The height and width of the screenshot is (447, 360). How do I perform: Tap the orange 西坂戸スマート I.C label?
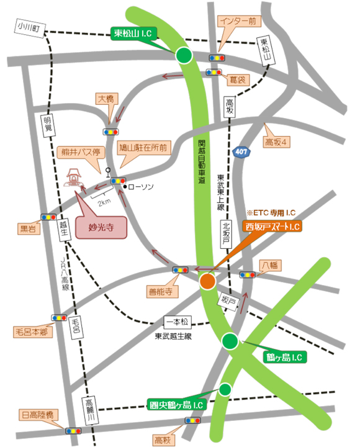click(272, 227)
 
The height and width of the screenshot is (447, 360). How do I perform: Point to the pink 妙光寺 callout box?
click(101, 227)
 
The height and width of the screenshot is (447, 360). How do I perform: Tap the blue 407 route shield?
click(241, 151)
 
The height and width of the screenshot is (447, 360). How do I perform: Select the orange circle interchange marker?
click(208, 282)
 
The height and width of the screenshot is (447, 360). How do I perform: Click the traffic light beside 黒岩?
click(48, 217)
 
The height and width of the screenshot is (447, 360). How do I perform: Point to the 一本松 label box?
click(179, 322)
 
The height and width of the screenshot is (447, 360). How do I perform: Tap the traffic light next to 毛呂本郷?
click(60, 317)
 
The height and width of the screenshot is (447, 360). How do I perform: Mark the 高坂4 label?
click(277, 143)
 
